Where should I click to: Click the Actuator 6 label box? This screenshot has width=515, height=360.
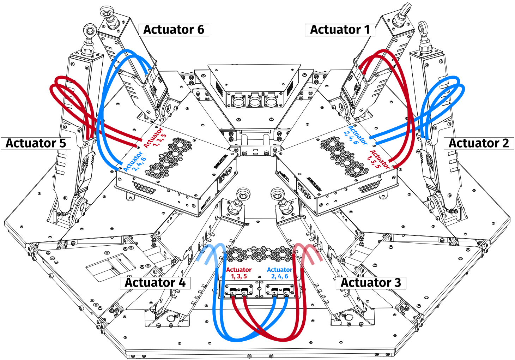pyautogui.click(x=174, y=30)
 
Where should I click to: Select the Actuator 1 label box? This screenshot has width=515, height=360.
pyautogui.click(x=340, y=30)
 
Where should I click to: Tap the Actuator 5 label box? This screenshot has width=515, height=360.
pyautogui.click(x=36, y=143)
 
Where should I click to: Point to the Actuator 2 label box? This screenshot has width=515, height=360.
pyautogui.click(x=479, y=143)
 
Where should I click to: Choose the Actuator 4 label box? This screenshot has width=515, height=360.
pyautogui.click(x=155, y=283)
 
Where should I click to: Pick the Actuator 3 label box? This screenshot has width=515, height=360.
pyautogui.click(x=371, y=283)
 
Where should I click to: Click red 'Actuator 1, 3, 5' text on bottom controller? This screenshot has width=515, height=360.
pyautogui.click(x=238, y=273)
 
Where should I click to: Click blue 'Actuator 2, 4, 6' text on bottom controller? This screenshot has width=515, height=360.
pyautogui.click(x=279, y=273)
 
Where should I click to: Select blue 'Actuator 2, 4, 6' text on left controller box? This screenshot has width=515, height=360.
pyautogui.click(x=135, y=161)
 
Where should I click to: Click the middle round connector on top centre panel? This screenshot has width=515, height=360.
pyautogui.click(x=254, y=101)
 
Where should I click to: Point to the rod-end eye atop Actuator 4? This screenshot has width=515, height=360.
pyautogui.click(x=242, y=194)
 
